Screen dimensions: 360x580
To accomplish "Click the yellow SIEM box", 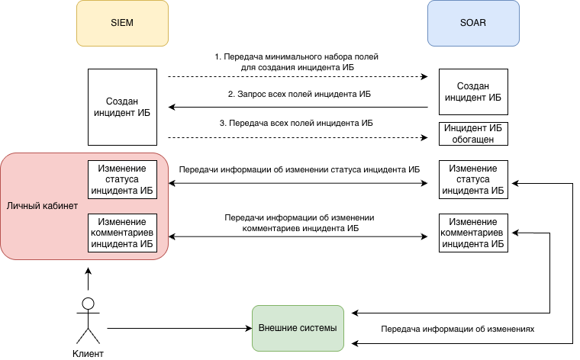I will click(x=122, y=23).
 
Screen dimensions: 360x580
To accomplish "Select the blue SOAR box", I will click(x=473, y=23).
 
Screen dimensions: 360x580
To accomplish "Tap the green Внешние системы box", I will click(x=298, y=328).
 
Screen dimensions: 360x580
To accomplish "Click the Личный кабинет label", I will click(x=42, y=207).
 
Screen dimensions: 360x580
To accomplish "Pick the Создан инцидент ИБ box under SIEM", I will click(x=122, y=107).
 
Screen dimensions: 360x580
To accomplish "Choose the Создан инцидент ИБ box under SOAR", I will click(x=473, y=92).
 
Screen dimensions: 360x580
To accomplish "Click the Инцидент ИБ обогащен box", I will click(x=473, y=133).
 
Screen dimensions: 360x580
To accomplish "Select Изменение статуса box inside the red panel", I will click(x=122, y=178).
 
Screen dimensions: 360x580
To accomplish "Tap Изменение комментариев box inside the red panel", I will click(x=122, y=233).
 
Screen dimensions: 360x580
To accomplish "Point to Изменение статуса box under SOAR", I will click(x=473, y=179).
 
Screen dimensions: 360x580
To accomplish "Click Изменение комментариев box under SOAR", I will click(x=473, y=233).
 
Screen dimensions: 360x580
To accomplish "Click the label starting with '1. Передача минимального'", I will click(x=296, y=62).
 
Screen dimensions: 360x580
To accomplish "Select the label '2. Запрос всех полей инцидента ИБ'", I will click(x=299, y=95).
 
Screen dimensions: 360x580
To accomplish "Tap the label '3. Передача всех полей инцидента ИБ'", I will click(x=296, y=123).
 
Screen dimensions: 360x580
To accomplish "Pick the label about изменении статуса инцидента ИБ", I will click(x=299, y=169).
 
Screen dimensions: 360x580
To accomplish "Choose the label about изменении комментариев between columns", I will click(x=299, y=223).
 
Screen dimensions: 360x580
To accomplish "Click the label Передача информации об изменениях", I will click(x=459, y=329).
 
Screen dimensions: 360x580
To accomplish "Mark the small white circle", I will click(x=88, y=304).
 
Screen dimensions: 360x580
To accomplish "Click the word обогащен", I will click(x=473, y=140).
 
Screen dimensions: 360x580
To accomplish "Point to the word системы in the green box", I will click(x=319, y=328).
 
